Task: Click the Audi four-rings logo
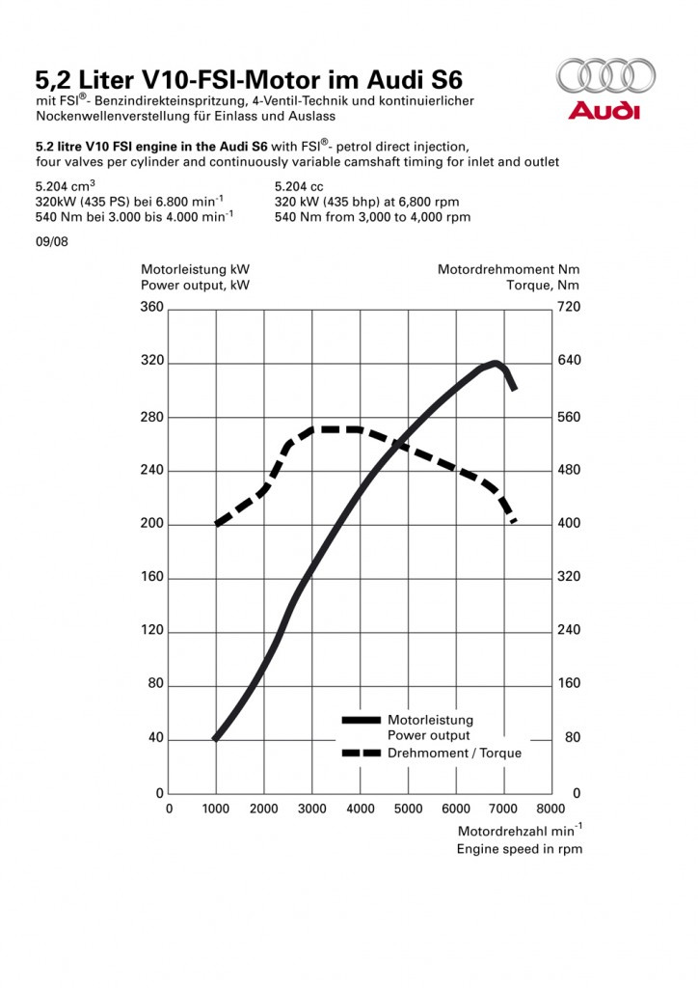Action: pyautogui.click(x=605, y=75)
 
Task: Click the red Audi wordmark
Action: pyautogui.click(x=604, y=111)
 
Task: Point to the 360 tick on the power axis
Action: pyautogui.click(x=151, y=307)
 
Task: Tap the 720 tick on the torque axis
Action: pyautogui.click(x=569, y=307)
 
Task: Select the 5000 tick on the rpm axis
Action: pyautogui.click(x=408, y=809)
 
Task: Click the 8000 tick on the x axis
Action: pyautogui.click(x=550, y=809)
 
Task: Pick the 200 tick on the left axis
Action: pyautogui.click(x=151, y=523)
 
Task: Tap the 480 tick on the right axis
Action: pyautogui.click(x=569, y=470)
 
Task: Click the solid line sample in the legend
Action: pyautogui.click(x=362, y=720)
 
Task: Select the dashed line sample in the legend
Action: pyautogui.click(x=362, y=753)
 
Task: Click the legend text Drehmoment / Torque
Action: pyautogui.click(x=454, y=753)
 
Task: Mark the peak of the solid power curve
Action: pyautogui.click(x=496, y=363)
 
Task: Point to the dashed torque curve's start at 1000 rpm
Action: pyautogui.click(x=217, y=524)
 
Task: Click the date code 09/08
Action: pyautogui.click(x=52, y=242)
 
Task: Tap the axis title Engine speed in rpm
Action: pyautogui.click(x=520, y=849)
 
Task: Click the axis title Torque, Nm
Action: pyautogui.click(x=543, y=286)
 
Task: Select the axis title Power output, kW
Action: pyautogui.click(x=195, y=286)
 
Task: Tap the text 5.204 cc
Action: pyautogui.click(x=299, y=187)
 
